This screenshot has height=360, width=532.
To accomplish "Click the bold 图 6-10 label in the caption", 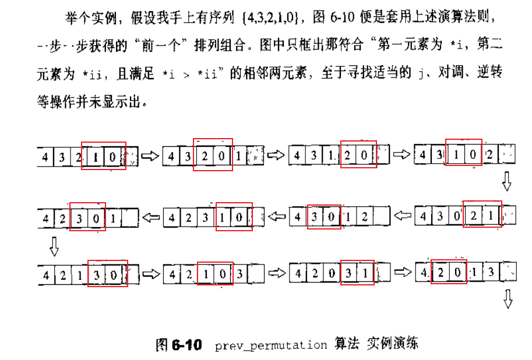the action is tap(178, 344).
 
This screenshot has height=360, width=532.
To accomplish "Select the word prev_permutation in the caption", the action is tap(271, 345).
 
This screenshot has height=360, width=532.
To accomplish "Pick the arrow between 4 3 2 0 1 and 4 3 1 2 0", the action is tap(276, 156).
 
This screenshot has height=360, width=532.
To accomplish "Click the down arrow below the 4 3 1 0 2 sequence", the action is tap(506, 183).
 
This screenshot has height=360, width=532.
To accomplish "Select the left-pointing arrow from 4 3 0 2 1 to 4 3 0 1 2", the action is tap(403, 217).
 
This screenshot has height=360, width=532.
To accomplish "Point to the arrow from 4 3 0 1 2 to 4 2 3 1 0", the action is tap(276, 217).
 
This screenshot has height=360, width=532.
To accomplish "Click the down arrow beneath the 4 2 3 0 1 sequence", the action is tap(54, 247).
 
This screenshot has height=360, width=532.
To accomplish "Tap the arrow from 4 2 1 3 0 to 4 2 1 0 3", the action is tap(150, 273).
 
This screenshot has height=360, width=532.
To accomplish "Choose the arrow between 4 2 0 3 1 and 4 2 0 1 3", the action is tap(403, 273).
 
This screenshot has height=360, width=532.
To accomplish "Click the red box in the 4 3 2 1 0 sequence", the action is tap(104, 156).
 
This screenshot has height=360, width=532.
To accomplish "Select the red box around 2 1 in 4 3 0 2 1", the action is tap(481, 216).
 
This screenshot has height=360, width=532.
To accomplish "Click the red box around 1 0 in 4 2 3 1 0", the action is tap(234, 217).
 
